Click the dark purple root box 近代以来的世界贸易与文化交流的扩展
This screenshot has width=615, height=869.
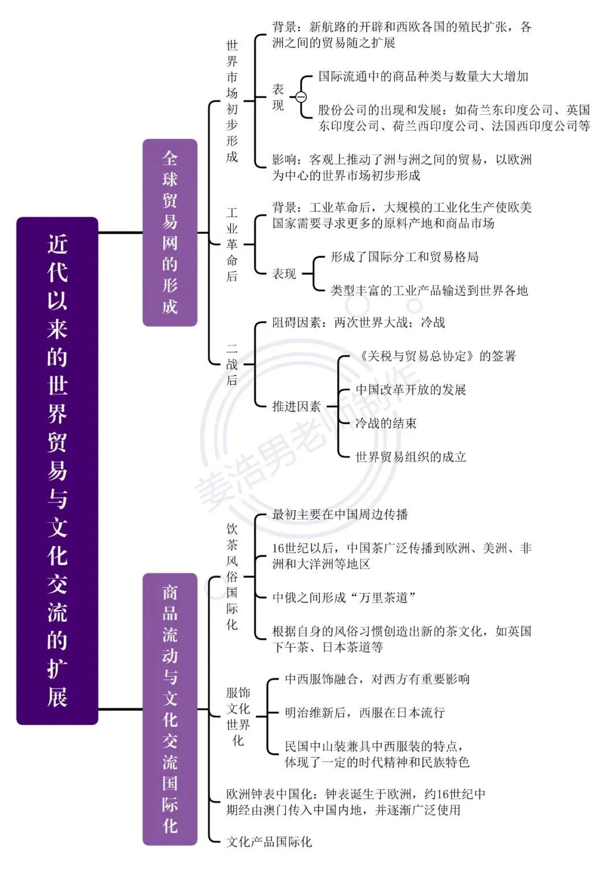[57, 471]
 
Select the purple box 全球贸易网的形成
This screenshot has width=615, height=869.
[170, 232]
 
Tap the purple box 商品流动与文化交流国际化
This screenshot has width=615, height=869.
[170, 709]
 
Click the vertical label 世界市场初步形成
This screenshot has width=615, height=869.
[232, 101]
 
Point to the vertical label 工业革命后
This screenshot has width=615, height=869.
[232, 244]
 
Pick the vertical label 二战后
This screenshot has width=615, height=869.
[232, 364]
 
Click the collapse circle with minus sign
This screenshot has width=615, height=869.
[301, 97]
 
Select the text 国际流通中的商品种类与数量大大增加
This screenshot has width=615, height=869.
[423, 76]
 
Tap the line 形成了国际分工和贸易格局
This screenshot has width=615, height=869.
[404, 257]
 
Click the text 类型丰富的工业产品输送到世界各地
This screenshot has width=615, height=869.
[429, 291]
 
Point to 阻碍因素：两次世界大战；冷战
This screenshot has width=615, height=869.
[358, 322]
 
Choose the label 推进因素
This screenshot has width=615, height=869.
[296, 406]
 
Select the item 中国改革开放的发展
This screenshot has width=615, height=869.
[411, 389]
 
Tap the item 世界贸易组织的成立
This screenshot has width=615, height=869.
[411, 457]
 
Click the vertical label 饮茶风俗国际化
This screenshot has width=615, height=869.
[232, 576]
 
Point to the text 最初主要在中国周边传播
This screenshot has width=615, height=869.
[340, 514]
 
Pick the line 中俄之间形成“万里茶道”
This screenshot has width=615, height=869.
[344, 598]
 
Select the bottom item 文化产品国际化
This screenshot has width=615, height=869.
[269, 842]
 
